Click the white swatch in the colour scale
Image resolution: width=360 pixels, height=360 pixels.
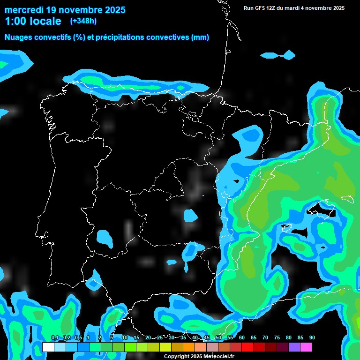click(x=48, y=347)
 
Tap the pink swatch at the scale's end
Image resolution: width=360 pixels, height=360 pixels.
click(x=306, y=347)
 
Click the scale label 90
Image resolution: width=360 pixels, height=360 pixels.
click(x=312, y=338)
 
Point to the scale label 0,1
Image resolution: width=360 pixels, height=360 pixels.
click(x=55, y=338)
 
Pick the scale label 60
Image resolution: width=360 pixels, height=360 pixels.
click(x=241, y=338)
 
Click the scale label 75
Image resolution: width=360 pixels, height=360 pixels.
click(x=277, y=338)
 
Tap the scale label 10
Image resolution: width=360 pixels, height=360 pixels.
click(x=125, y=338)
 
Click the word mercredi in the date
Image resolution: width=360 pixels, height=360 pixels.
click(x=24, y=10)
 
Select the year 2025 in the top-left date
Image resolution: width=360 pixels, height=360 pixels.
click(x=112, y=10)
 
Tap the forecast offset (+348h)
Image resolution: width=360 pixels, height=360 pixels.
click(x=83, y=21)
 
